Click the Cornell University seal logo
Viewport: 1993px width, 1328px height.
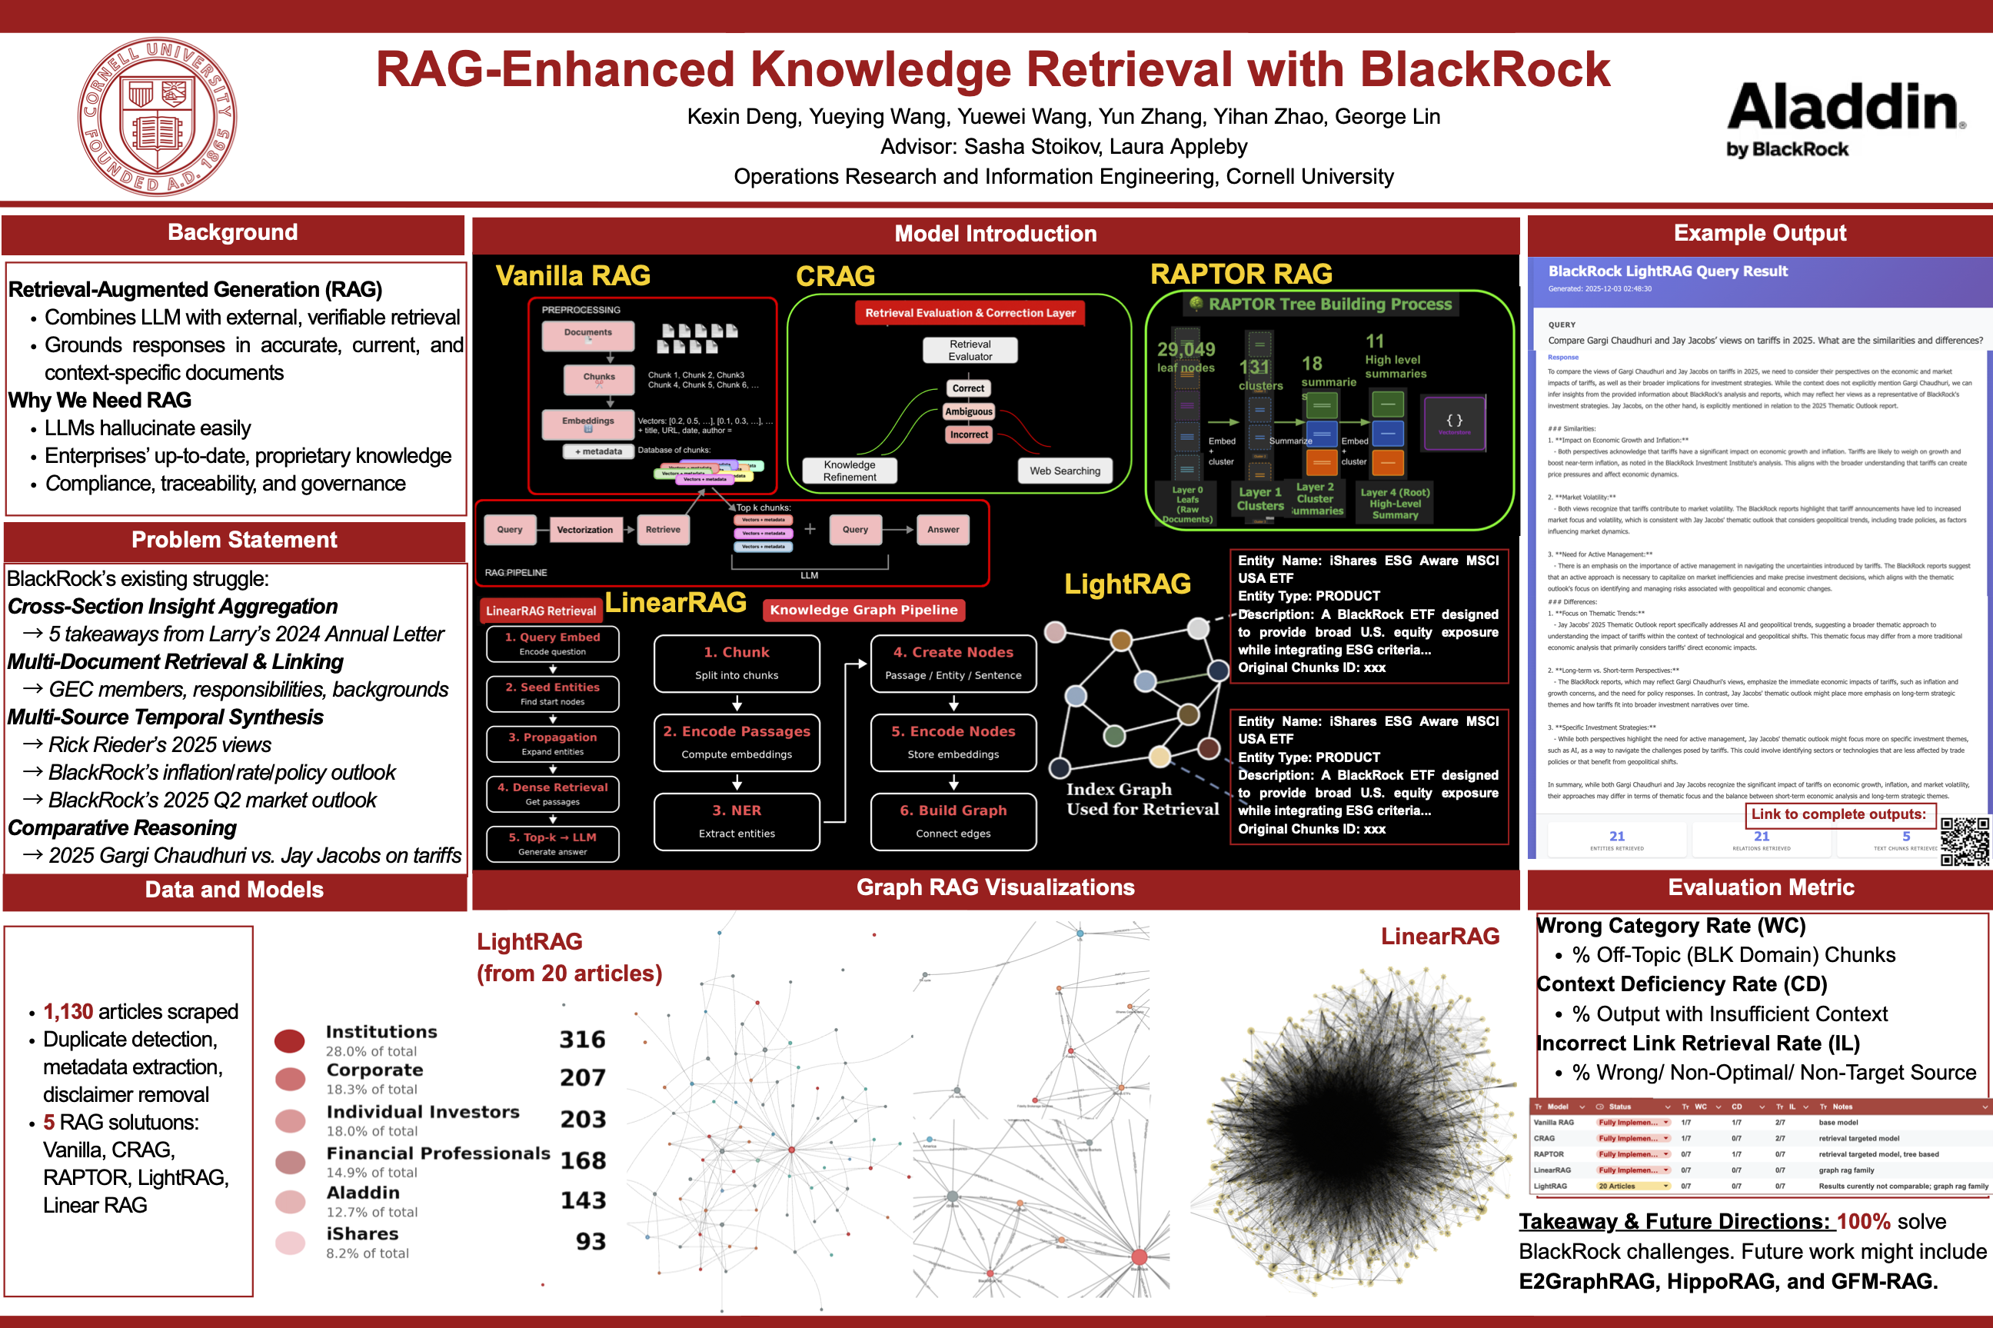point(157,116)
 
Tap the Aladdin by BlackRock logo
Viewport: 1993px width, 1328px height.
point(1845,118)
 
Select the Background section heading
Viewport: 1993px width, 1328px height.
point(233,233)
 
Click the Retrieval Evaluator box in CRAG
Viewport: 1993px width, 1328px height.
point(970,351)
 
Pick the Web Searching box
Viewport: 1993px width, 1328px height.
point(1064,471)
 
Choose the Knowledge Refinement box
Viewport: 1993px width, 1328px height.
point(849,471)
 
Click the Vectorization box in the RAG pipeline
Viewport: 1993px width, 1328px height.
point(585,530)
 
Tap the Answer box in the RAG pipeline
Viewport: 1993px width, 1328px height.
point(943,530)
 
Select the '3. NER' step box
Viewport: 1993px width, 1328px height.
point(737,820)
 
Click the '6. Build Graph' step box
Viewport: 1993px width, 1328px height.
point(953,820)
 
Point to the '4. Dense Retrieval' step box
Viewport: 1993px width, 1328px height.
point(552,794)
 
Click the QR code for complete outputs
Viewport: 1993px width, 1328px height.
point(1965,841)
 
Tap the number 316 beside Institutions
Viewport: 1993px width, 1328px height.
point(583,1039)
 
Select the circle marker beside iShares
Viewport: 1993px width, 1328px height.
point(291,1243)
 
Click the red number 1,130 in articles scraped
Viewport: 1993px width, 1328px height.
point(68,1011)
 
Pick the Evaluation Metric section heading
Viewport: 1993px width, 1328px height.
point(1761,887)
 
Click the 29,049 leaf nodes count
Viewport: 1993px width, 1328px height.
point(1186,350)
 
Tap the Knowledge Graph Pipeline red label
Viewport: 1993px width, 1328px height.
point(863,610)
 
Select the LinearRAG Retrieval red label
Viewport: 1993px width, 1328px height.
point(541,611)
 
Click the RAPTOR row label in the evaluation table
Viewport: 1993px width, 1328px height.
point(1549,1154)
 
